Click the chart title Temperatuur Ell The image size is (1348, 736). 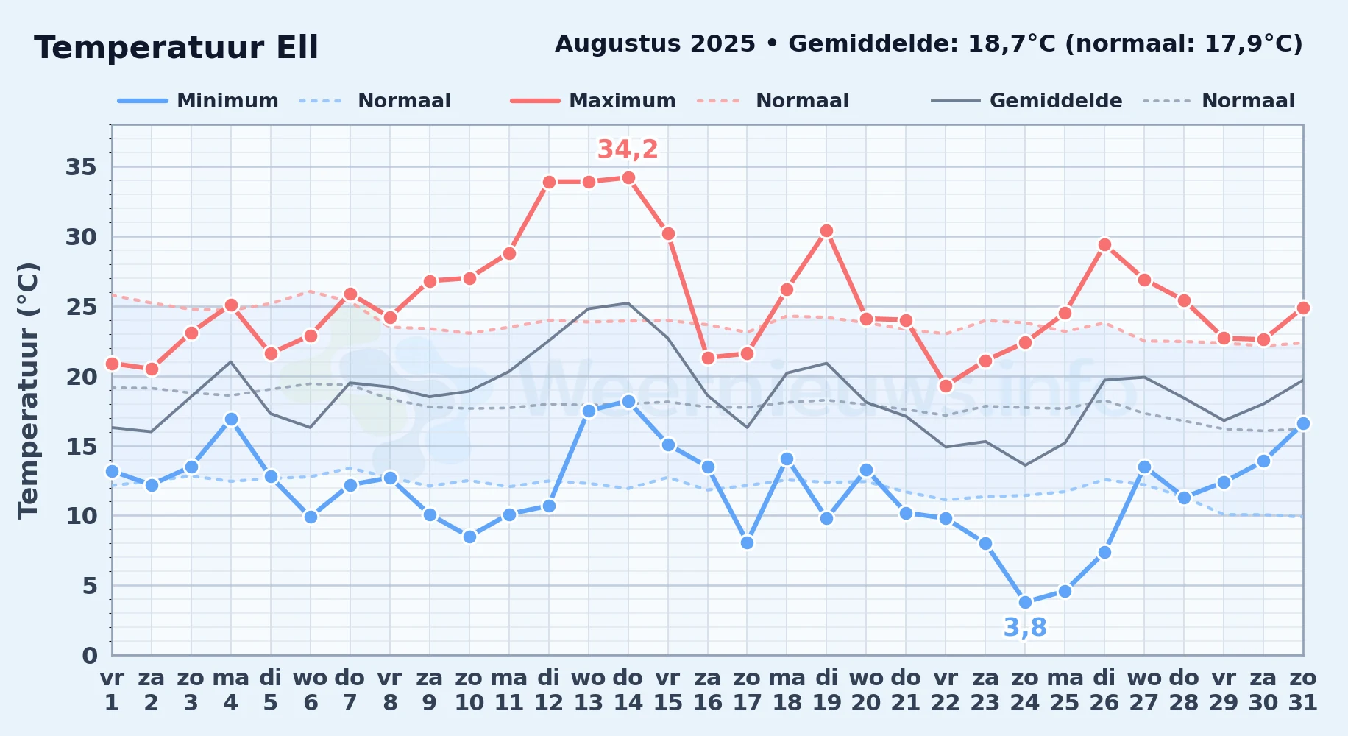(x=176, y=48)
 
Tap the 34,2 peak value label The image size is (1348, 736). (x=628, y=149)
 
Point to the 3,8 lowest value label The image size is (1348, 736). (x=1025, y=628)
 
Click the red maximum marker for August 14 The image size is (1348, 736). (x=628, y=178)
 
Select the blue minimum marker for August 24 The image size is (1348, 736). (x=1025, y=602)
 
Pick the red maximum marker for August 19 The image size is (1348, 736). (x=826, y=231)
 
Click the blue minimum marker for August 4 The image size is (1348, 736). (x=231, y=420)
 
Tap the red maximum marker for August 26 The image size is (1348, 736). (x=1104, y=245)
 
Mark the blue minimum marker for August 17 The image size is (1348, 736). (x=747, y=543)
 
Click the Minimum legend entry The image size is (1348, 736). (x=198, y=101)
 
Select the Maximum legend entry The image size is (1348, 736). (x=593, y=101)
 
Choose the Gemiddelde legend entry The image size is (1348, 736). (x=1027, y=101)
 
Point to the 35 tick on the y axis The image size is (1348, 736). (x=82, y=167)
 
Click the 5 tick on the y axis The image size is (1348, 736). (x=90, y=586)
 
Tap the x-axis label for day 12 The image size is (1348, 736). (x=548, y=690)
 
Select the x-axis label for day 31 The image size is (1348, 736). (x=1303, y=690)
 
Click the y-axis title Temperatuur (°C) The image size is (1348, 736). (x=29, y=390)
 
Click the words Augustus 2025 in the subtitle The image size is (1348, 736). (x=655, y=44)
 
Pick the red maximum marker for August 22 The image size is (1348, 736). (x=946, y=386)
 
